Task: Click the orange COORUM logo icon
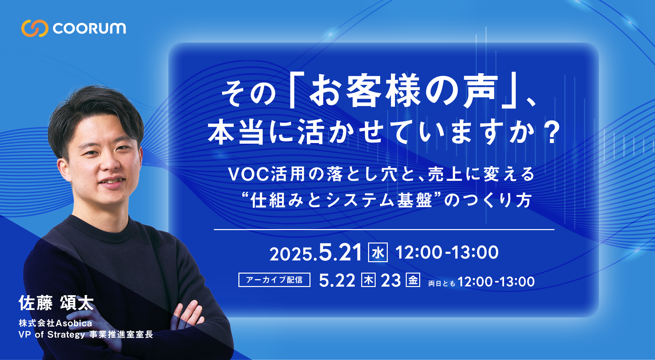point(35,28)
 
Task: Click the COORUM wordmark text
point(89,28)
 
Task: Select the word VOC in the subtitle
point(249,174)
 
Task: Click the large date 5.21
point(340,252)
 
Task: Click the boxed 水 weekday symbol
point(378,252)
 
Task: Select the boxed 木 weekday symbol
point(368,280)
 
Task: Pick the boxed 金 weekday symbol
point(413,280)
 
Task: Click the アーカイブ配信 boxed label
point(274,280)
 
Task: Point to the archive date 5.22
point(337,280)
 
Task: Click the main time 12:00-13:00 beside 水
point(447,252)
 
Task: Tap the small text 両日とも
point(442,283)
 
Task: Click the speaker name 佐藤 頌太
point(56,303)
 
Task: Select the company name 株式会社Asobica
point(55,323)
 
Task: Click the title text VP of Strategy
point(52,334)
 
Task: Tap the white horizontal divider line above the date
point(384,229)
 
